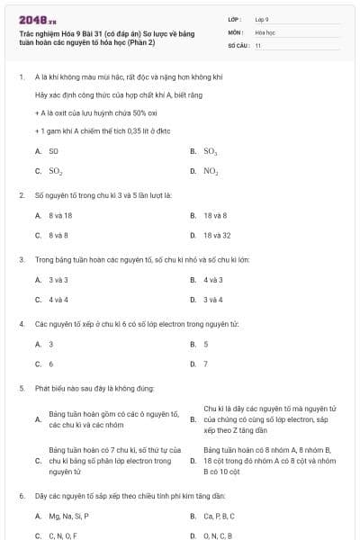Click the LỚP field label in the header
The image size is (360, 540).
[235, 18]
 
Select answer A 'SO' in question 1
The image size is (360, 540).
[53, 152]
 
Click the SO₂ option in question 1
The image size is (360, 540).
[55, 170]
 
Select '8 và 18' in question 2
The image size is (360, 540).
[60, 216]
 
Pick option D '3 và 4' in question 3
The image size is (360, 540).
[213, 299]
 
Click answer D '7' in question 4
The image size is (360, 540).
[205, 364]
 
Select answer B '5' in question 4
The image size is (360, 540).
[205, 344]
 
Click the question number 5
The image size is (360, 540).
[21, 388]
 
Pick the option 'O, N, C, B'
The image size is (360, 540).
[219, 535]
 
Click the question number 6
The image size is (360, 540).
[21, 496]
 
